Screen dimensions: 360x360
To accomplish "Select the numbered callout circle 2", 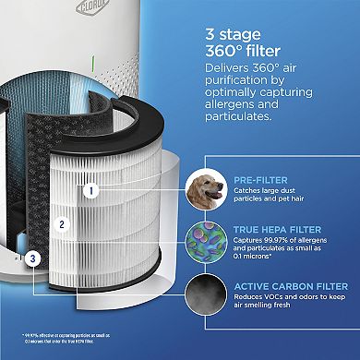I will click(x=61, y=223).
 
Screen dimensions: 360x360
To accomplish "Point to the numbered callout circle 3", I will click(x=33, y=260).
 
